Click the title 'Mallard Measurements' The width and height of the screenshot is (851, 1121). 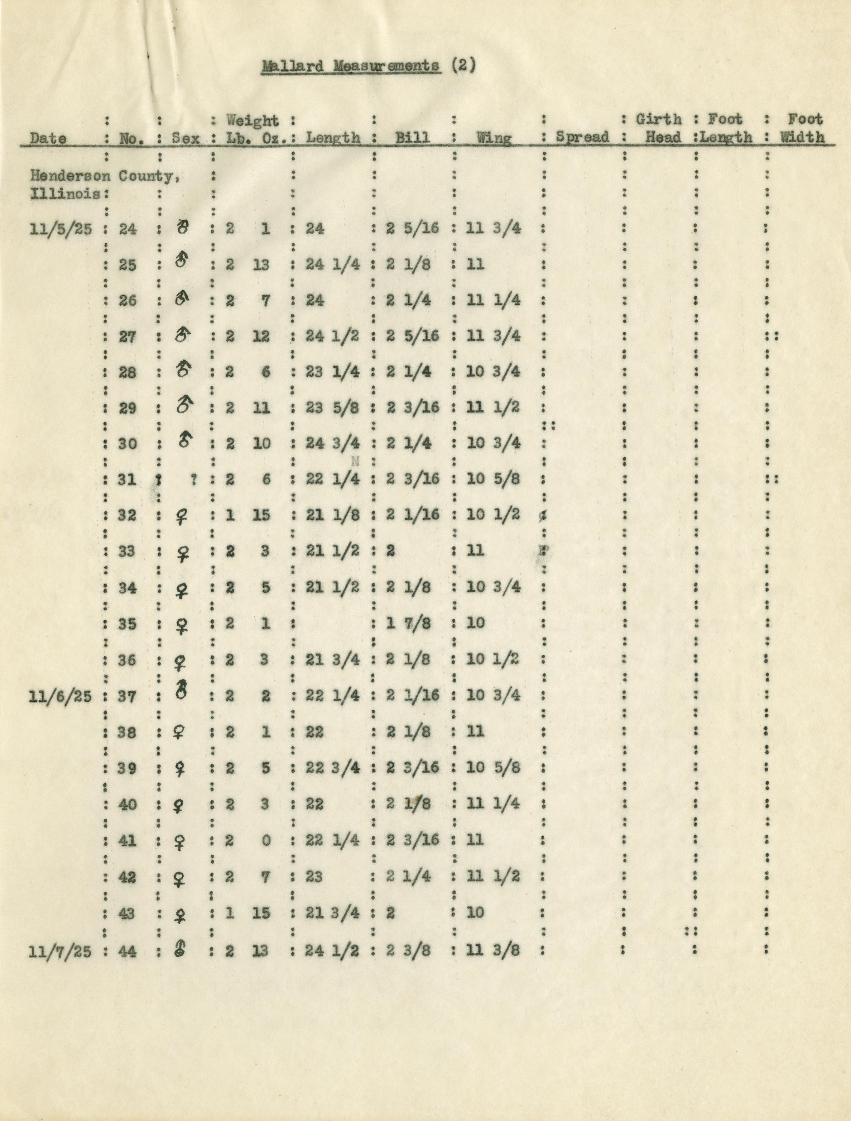[351, 66]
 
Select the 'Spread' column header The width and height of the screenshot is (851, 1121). [582, 137]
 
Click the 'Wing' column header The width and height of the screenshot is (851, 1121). [494, 137]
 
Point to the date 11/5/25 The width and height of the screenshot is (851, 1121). [61, 229]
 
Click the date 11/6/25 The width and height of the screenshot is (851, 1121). [61, 696]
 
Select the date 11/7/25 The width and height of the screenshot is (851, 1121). [61, 951]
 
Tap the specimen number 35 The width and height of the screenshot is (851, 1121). [128, 623]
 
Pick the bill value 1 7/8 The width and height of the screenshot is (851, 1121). [408, 623]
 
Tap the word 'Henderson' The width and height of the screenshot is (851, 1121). [70, 176]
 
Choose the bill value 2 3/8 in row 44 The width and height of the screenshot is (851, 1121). [408, 950]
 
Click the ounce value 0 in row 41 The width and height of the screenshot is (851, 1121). [265, 841]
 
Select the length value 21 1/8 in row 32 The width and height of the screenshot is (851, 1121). [332, 515]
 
